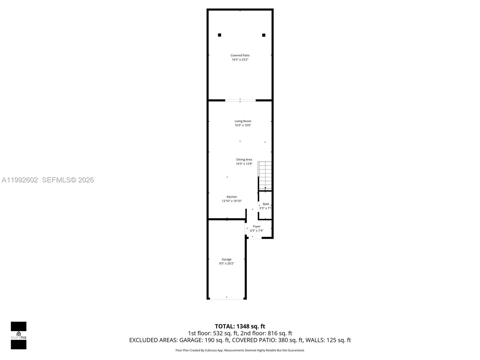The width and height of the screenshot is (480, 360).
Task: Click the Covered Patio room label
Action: [x=240, y=55]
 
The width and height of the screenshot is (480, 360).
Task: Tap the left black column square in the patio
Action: [x=220, y=35]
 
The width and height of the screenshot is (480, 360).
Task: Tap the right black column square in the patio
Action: [x=264, y=35]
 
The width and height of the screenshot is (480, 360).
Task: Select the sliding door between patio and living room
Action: [x=240, y=100]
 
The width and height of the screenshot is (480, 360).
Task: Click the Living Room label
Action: [x=243, y=121]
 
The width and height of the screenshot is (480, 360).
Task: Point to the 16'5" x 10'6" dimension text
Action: [x=243, y=125]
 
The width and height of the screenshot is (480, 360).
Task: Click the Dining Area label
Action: [x=244, y=160]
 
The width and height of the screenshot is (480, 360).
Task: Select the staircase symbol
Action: [x=265, y=175]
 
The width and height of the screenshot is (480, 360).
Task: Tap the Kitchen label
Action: [x=232, y=197]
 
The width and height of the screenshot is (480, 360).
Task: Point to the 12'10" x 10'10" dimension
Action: [x=232, y=201]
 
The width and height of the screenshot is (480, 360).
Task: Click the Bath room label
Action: [x=266, y=204]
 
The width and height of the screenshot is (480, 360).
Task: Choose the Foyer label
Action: [x=256, y=226]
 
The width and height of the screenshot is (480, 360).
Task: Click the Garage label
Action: [x=226, y=259]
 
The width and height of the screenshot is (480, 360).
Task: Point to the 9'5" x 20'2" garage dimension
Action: [x=226, y=264]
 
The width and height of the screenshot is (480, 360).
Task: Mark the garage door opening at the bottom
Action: [x=226, y=299]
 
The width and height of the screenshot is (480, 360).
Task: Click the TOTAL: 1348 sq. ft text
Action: [x=240, y=326]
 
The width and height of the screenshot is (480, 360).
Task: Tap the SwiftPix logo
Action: [x=19, y=335]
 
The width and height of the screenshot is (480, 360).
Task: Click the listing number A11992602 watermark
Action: [x=20, y=180]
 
